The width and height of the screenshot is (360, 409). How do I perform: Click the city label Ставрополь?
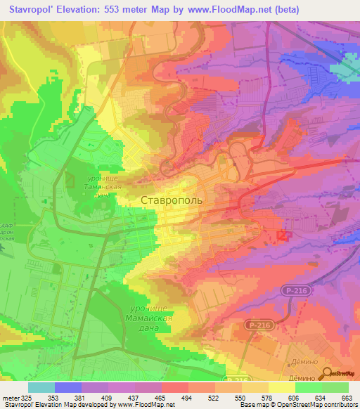172,200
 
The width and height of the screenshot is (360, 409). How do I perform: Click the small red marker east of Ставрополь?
283,236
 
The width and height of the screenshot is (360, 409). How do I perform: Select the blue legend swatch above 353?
68,387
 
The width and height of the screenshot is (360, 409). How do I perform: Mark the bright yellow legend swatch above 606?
281,387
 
